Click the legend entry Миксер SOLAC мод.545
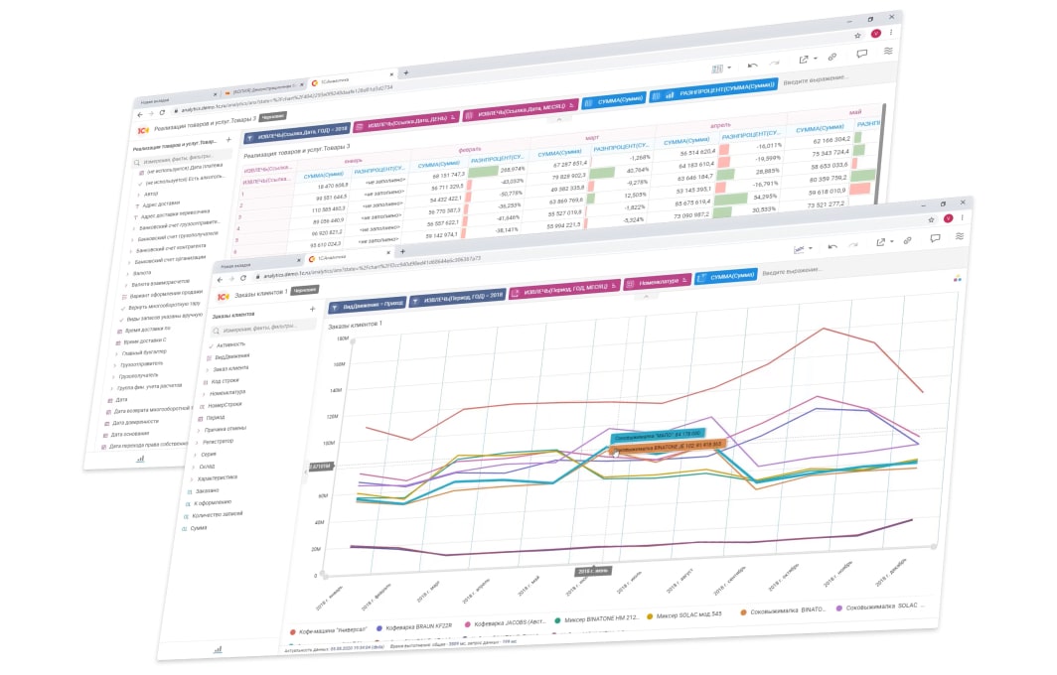click(689, 616)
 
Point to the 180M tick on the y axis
click(342, 338)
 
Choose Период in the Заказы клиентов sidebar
click(215, 418)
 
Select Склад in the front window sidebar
click(209, 466)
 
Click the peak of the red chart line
click(824, 329)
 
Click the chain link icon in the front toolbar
click(907, 240)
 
